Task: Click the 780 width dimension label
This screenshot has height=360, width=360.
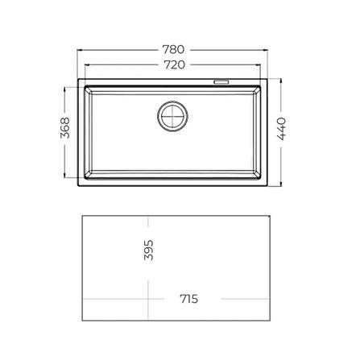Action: [x=173, y=49]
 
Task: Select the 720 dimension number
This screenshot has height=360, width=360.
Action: [x=174, y=64]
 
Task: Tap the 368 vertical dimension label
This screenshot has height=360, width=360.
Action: [x=65, y=128]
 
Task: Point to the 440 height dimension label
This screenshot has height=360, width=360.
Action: [x=281, y=129]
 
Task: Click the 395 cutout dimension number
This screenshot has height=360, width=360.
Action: [x=149, y=250]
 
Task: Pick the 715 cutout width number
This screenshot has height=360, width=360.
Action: [x=189, y=299]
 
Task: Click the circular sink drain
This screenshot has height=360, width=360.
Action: [x=172, y=116]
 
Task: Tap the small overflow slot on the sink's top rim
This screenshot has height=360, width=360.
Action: [x=221, y=82]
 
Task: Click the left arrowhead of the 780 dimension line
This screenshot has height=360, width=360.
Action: [x=80, y=50]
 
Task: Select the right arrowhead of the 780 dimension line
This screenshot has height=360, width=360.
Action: [x=266, y=50]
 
